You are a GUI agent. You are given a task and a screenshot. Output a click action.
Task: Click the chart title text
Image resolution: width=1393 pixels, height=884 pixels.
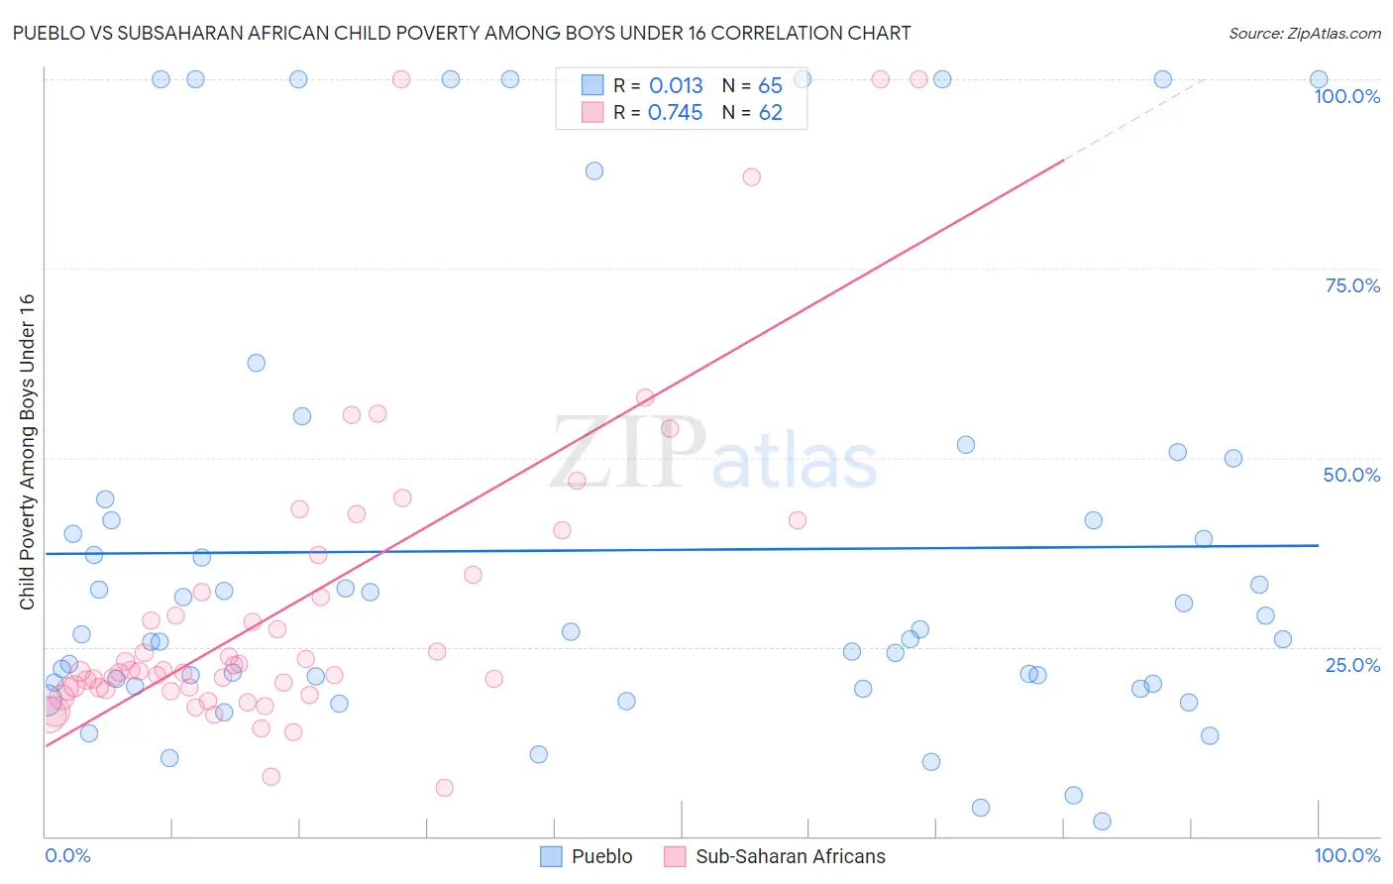click(462, 33)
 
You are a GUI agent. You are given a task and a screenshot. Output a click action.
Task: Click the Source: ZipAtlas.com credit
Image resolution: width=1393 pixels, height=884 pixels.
click(1304, 33)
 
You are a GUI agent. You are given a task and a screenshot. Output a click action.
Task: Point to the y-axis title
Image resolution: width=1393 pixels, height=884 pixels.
click(27, 452)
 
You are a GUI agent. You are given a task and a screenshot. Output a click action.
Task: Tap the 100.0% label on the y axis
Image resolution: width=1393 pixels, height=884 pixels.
click(1346, 96)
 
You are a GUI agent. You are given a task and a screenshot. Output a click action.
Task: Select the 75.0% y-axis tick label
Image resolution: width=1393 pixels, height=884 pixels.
click(1352, 285)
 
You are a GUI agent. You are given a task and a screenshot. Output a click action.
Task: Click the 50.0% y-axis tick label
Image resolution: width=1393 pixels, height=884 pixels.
click(1351, 475)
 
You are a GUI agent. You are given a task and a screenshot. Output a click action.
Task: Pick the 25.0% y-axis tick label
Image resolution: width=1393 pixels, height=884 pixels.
click(1352, 664)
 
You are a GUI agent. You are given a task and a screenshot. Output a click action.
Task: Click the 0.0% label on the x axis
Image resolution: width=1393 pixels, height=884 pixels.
click(67, 855)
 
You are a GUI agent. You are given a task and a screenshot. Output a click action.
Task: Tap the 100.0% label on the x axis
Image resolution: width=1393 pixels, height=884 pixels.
click(1346, 855)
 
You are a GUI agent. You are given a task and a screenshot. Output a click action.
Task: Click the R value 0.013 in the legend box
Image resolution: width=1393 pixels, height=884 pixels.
click(676, 86)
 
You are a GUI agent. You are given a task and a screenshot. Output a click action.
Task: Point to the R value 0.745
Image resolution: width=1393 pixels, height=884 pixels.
click(675, 113)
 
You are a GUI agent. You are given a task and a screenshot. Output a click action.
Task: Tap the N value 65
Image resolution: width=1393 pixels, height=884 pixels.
click(770, 86)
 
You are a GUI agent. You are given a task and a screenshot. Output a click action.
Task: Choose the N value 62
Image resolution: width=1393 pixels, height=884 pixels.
click(770, 113)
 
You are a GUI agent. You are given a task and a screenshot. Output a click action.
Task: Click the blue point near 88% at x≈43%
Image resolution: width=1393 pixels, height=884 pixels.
click(593, 170)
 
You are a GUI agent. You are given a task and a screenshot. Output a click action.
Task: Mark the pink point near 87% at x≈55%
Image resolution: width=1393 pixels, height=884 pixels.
click(751, 176)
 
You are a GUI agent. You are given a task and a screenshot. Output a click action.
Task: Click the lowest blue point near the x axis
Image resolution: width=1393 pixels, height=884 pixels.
click(1102, 821)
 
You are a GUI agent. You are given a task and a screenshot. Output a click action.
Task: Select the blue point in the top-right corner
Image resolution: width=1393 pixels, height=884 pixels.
click(1318, 79)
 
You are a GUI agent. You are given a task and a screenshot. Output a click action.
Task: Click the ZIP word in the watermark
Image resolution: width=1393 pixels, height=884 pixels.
click(628, 453)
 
